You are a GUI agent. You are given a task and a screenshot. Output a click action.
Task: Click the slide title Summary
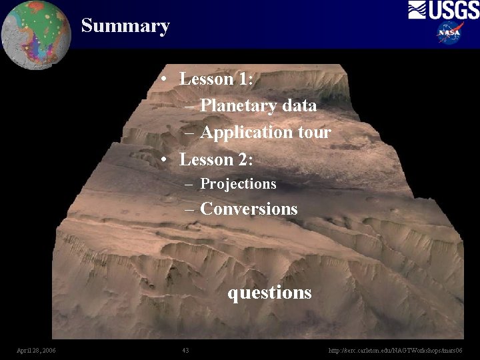[125, 26]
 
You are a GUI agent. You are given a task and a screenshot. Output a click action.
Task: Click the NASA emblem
[451, 33]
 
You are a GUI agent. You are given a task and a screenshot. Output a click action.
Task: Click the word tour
[314, 132]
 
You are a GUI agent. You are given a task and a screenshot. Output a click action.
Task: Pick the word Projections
[238, 183]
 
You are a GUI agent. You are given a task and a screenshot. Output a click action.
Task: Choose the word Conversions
[249, 209]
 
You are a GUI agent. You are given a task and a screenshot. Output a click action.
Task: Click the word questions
[269, 293]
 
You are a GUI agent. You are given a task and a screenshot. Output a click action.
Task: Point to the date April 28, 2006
[36, 351]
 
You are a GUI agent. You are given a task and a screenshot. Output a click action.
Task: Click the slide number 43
[185, 351]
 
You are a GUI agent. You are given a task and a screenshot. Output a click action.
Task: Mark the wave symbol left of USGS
[417, 10]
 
